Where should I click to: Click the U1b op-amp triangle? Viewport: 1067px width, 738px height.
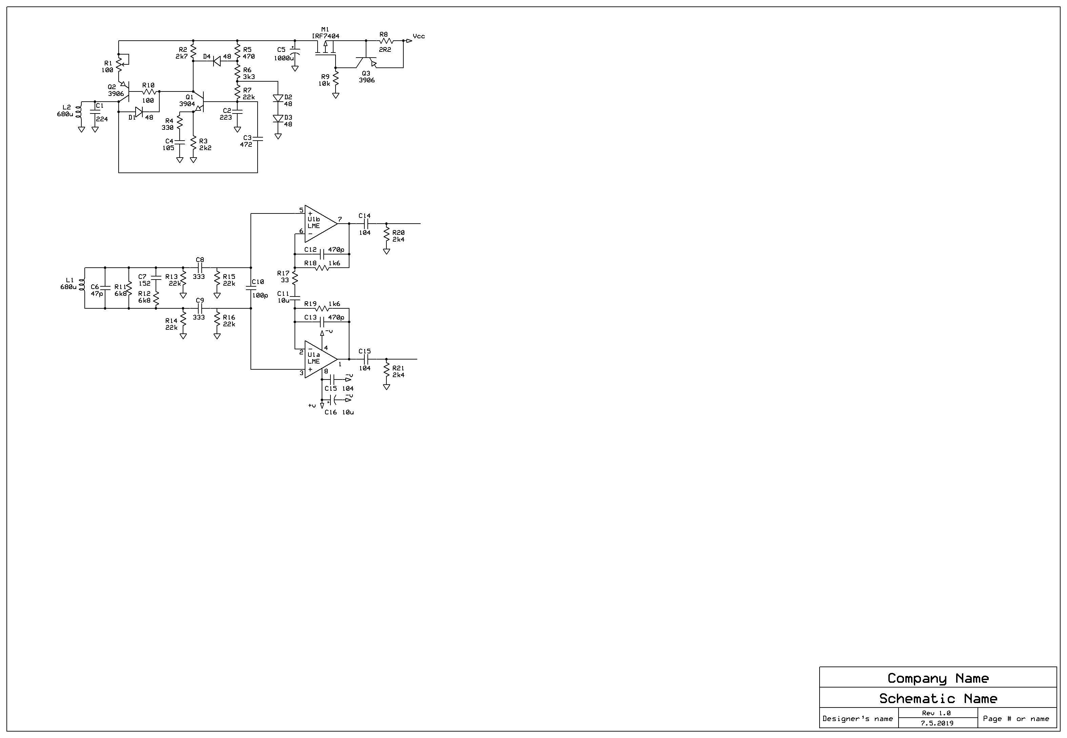(319, 223)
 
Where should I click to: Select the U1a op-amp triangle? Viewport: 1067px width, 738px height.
(319, 359)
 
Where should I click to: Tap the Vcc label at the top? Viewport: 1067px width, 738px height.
(419, 36)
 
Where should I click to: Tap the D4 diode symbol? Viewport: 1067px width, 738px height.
(217, 61)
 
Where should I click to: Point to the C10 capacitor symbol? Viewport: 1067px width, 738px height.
(251, 288)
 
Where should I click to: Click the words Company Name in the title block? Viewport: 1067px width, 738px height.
(938, 678)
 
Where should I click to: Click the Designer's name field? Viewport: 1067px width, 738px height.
(858, 719)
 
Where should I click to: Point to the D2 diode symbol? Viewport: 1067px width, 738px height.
(278, 98)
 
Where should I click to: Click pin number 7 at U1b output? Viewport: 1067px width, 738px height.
(340, 219)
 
